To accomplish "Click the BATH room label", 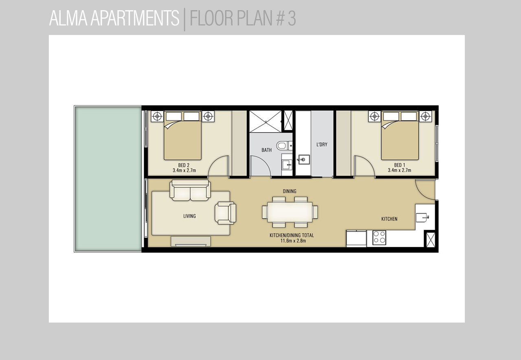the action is point(267,150).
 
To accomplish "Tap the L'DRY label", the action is point(322,144).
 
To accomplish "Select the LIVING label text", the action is point(190,216).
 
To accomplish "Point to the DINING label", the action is point(289,191).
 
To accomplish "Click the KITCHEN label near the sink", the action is point(390,219).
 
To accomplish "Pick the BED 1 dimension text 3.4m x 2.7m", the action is point(399,170).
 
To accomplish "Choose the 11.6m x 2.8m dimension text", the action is point(293,241).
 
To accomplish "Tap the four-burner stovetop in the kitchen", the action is point(379,238).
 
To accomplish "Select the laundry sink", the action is point(304,159).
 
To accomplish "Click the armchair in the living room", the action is point(225,213).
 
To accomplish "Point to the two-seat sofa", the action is point(190,190).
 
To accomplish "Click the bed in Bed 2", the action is point(183,135).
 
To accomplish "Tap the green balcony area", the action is point(108,179).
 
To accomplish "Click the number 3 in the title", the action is point(292,18).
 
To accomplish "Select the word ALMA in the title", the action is point(68,18).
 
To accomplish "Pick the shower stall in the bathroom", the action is point(265,122).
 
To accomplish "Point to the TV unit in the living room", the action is point(191,242).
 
